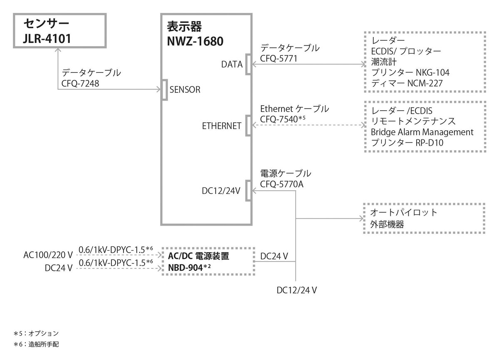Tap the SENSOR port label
(185, 89)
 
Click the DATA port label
(232, 64)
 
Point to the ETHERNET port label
(222, 126)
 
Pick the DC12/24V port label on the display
(221, 191)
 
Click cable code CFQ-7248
(80, 83)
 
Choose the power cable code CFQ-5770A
(282, 184)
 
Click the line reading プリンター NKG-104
(410, 72)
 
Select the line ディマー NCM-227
(407, 83)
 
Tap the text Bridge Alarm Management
(422, 132)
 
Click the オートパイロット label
(404, 213)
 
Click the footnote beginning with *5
(36, 333)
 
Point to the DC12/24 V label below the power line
(297, 290)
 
